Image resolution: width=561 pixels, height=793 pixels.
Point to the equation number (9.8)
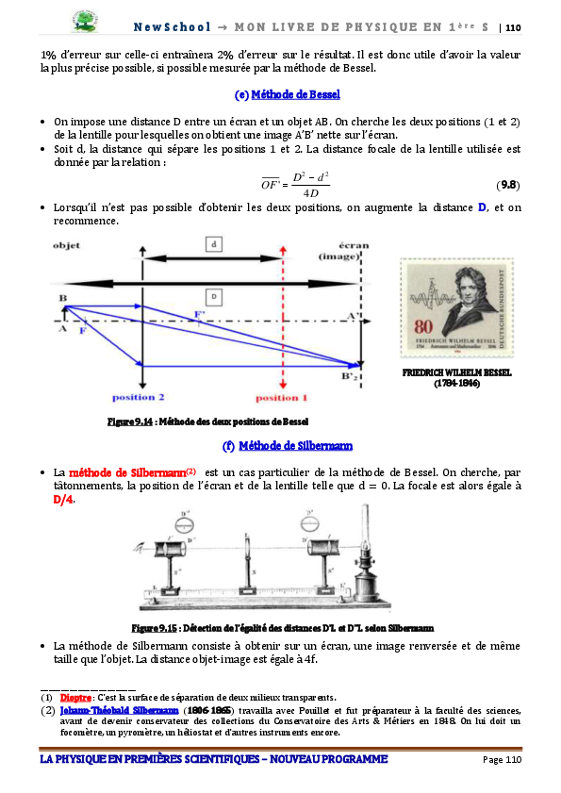coord(507,185)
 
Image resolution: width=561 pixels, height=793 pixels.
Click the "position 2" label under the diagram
coord(139,397)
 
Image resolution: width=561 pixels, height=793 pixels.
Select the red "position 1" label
coord(282,397)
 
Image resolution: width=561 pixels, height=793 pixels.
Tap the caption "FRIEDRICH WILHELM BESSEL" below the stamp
coord(456,372)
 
